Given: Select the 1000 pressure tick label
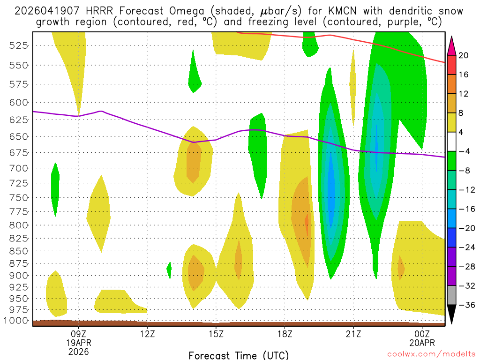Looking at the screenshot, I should [19, 321].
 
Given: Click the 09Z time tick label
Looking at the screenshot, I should [78, 334].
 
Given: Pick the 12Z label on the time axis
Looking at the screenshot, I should [147, 334].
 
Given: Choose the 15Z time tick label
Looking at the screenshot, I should [216, 334].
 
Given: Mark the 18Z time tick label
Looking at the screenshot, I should [285, 334].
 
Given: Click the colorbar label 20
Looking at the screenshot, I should [464, 55].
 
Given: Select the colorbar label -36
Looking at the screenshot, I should [465, 305].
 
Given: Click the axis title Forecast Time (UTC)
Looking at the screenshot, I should [239, 355].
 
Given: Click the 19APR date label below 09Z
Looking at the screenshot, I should [78, 343].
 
